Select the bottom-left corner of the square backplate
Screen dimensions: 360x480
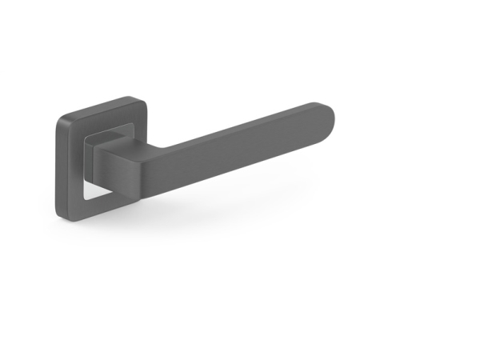point(62,211)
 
